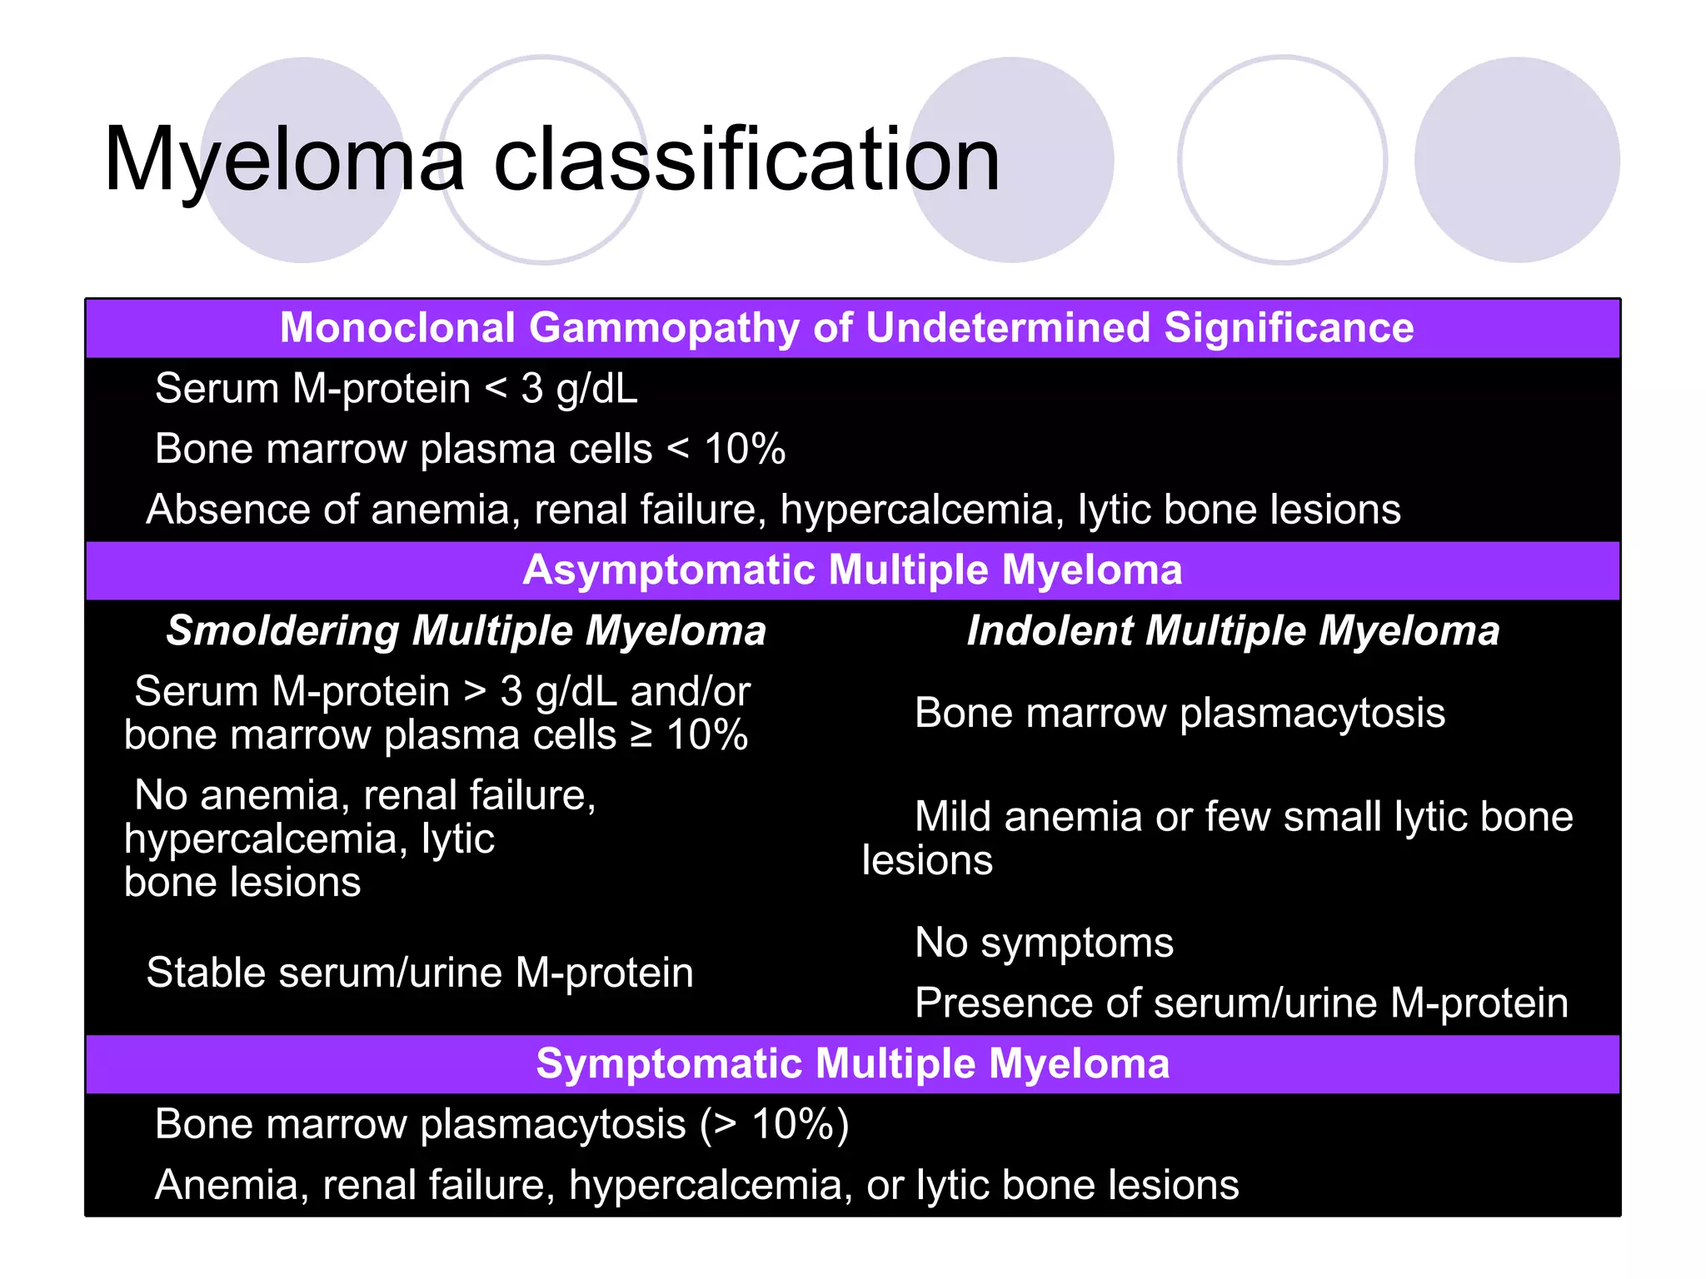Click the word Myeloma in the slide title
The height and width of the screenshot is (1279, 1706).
(283, 160)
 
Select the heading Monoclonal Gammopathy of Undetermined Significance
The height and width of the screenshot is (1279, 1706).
(846, 327)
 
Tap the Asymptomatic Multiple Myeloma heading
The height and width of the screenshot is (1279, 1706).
(852, 570)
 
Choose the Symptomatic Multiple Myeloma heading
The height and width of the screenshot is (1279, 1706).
(852, 1063)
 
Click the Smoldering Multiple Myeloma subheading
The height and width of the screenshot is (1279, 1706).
(466, 630)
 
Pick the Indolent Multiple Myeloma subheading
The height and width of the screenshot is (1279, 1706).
(1233, 630)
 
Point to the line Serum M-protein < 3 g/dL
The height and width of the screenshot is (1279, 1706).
(397, 389)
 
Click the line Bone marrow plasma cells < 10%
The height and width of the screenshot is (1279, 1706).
(470, 449)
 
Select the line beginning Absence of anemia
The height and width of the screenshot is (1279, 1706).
(773, 510)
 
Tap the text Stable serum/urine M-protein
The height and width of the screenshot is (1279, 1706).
(420, 973)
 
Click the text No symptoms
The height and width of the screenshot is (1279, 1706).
(1044, 943)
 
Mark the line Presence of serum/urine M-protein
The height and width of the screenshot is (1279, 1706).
(1241, 1003)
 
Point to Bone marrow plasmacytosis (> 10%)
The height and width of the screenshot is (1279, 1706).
(501, 1124)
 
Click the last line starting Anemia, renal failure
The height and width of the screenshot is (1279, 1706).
(696, 1185)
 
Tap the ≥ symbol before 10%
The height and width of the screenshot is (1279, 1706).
(641, 735)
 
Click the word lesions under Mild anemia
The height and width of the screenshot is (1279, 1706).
(927, 860)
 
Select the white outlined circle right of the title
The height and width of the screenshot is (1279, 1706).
(1283, 160)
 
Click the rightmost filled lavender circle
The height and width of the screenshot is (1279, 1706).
(1517, 160)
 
